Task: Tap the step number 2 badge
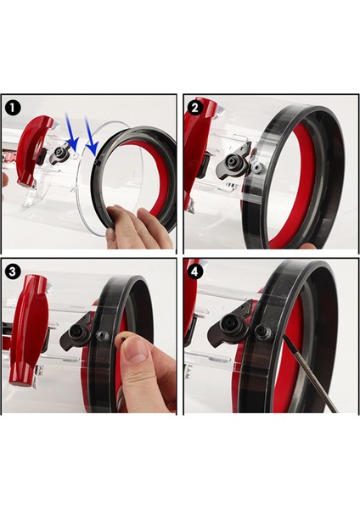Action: pyautogui.click(x=196, y=108)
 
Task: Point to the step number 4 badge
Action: pyautogui.click(x=196, y=272)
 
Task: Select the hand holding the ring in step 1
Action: pyautogui.click(x=140, y=227)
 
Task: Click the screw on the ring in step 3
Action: pyautogui.click(x=102, y=336)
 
